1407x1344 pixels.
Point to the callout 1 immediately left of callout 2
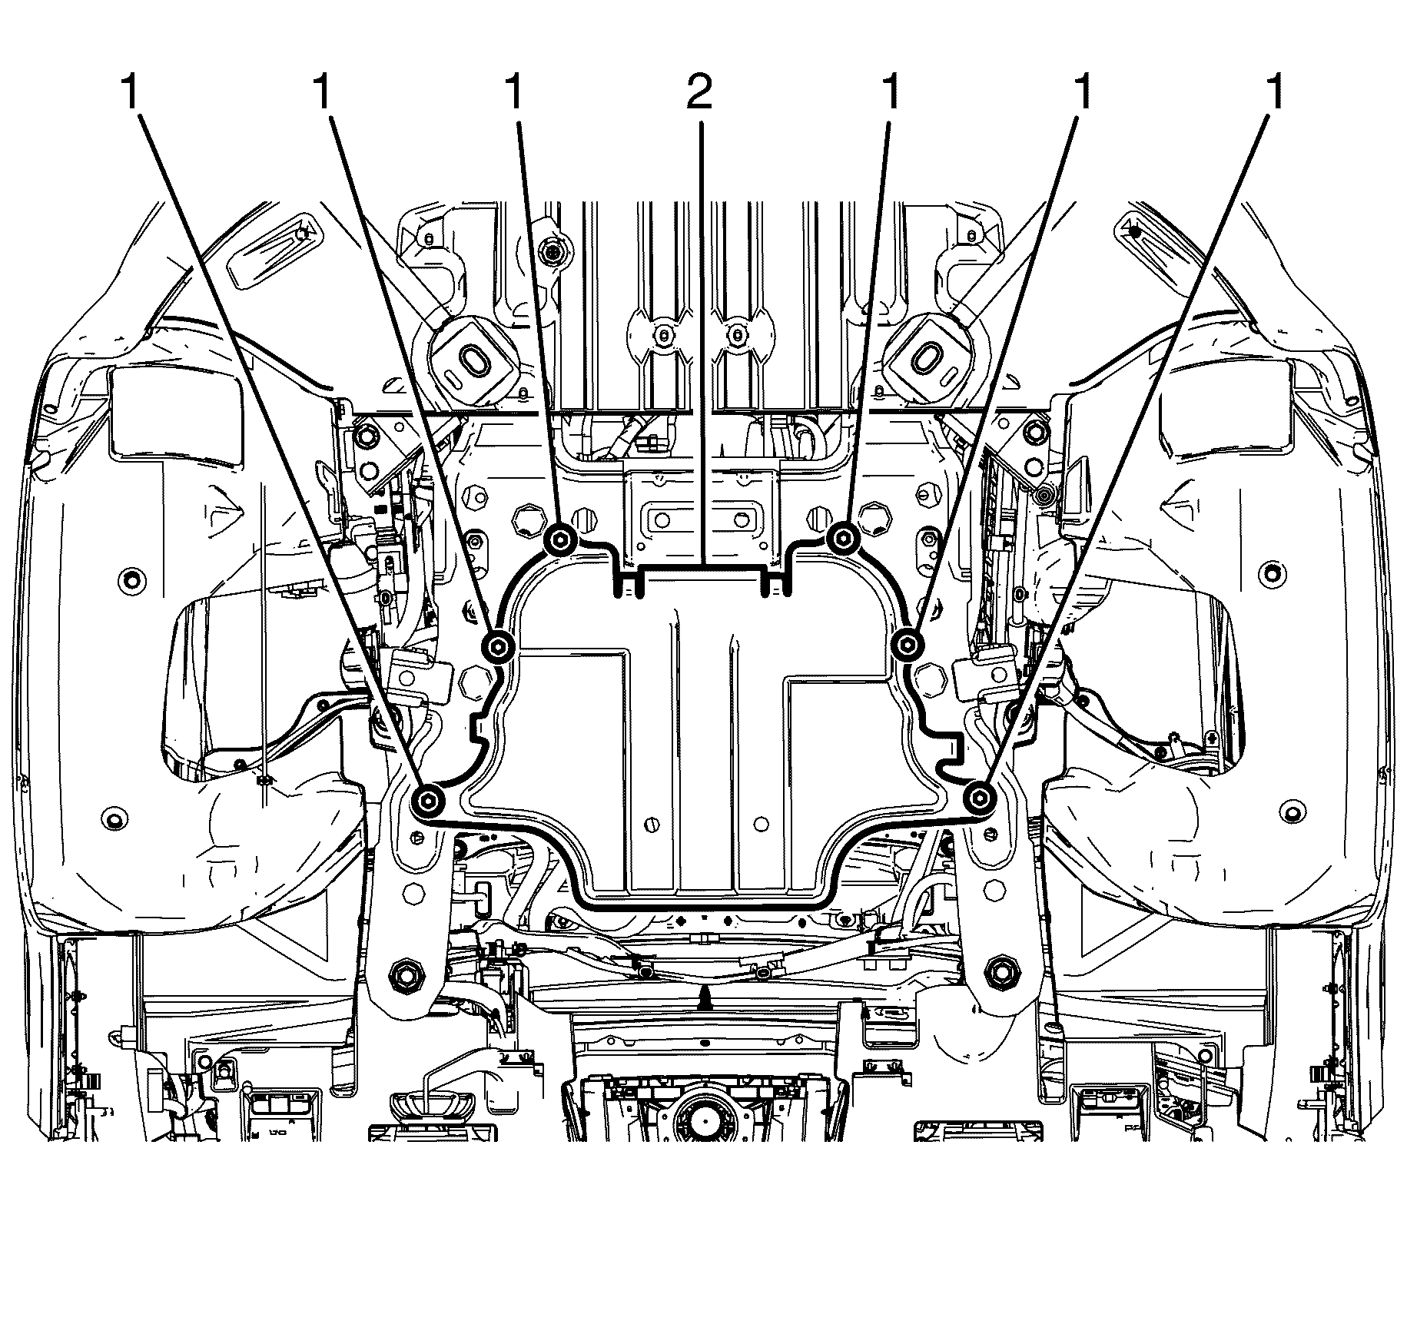(514, 94)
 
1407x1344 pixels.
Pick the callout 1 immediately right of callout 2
(891, 94)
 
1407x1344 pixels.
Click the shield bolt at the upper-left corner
(560, 540)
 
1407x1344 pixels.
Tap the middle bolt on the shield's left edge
(498, 645)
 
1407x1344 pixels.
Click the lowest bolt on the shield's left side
(426, 801)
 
